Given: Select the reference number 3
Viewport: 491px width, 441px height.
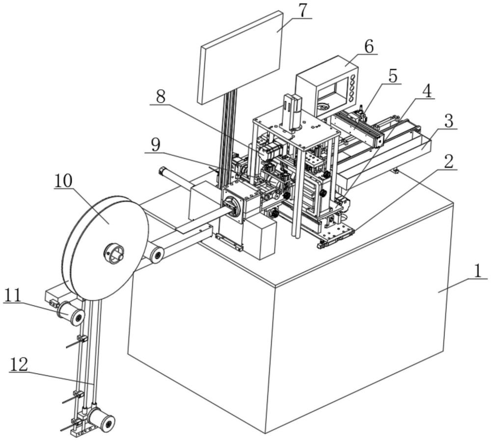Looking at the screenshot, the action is pyautogui.click(x=448, y=121).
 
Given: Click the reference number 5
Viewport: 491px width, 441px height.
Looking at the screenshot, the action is pyautogui.click(x=393, y=76).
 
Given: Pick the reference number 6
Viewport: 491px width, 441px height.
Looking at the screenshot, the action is pyautogui.click(x=369, y=47).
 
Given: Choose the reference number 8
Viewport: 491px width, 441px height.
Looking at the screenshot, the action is pyautogui.click(x=161, y=97).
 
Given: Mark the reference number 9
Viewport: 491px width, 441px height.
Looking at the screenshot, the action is pyautogui.click(x=155, y=145).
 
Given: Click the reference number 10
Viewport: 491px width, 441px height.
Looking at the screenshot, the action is pyautogui.click(x=63, y=181).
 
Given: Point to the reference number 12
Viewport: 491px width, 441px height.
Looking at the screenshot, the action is pyautogui.click(x=19, y=364).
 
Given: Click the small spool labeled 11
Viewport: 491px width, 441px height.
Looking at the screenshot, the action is pyautogui.click(x=70, y=313).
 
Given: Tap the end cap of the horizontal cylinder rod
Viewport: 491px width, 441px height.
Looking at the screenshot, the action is pyautogui.click(x=163, y=171).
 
